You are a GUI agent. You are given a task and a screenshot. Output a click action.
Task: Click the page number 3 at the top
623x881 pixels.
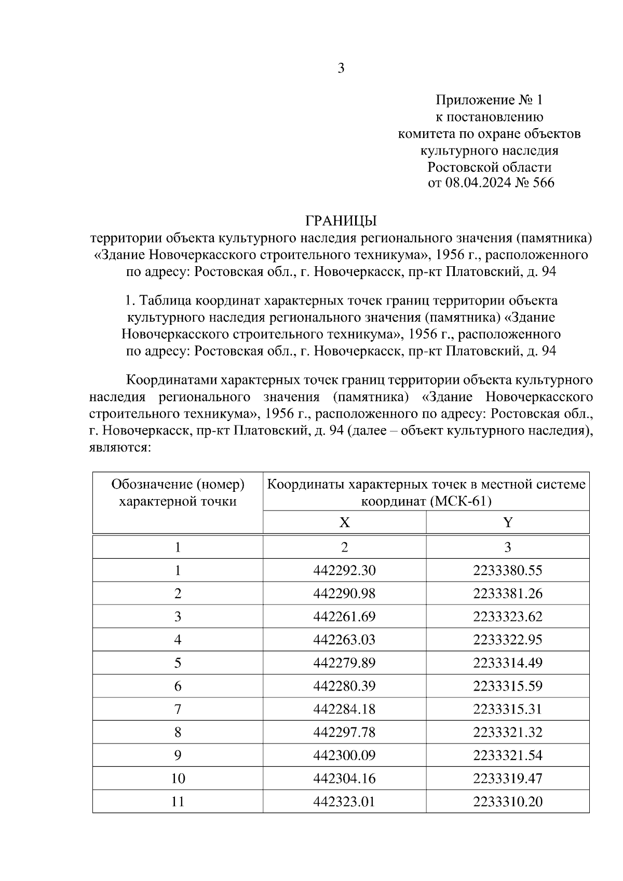tap(341, 68)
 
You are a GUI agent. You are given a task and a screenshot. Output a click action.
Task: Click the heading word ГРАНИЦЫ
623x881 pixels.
tap(341, 222)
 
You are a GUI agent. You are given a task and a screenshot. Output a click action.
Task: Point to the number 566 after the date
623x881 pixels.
tap(542, 183)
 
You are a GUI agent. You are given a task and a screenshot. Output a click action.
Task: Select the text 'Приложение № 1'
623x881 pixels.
tap(489, 100)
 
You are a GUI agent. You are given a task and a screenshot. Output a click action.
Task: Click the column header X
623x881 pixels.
tap(344, 522)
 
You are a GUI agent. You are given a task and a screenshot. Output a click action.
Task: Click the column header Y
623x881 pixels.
tap(508, 522)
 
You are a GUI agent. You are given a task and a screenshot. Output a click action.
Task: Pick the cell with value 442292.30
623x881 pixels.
tap(344, 571)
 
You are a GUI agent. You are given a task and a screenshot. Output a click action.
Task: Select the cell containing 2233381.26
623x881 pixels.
tap(508, 594)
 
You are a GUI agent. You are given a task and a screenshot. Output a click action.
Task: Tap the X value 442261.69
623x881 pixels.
tap(344, 617)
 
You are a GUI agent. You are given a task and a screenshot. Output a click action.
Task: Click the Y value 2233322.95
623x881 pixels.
tap(508, 640)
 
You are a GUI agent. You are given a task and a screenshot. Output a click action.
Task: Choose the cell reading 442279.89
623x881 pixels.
tap(344, 663)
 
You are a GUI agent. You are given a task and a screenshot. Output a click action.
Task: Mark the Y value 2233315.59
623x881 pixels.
tap(508, 686)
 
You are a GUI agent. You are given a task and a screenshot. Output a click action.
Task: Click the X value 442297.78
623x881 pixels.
tap(344, 732)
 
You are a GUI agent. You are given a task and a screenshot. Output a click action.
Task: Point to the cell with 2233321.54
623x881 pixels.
tap(508, 755)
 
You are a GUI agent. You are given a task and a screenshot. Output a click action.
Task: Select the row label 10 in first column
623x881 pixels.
tap(178, 778)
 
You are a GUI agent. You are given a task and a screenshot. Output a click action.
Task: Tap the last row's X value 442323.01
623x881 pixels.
tap(344, 802)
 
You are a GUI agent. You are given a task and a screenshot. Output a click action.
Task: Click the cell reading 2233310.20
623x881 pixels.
tap(508, 802)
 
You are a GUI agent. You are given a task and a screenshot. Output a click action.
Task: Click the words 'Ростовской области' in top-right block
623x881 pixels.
tap(489, 167)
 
